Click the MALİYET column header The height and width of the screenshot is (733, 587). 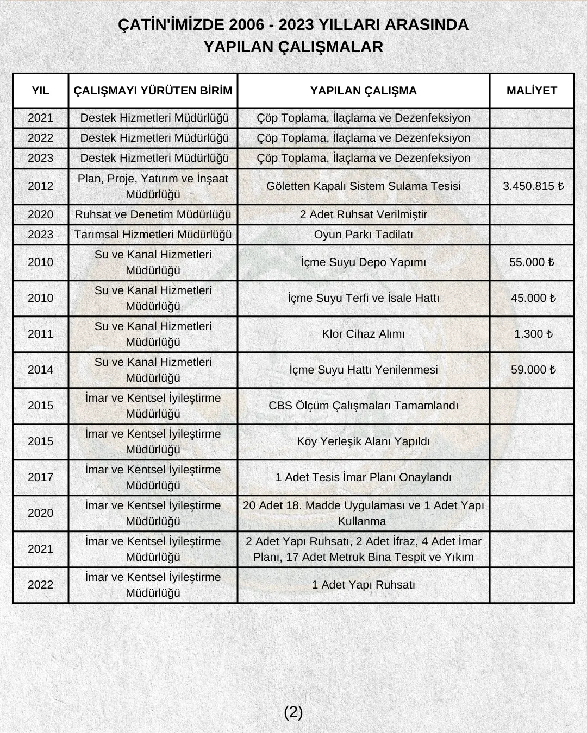click(532, 91)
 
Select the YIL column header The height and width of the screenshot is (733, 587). click(40, 91)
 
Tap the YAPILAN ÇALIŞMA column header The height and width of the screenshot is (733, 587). click(363, 91)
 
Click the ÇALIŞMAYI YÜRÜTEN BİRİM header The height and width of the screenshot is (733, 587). click(153, 91)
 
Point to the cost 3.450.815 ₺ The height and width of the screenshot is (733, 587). click(533, 186)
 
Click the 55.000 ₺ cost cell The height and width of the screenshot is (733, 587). click(532, 262)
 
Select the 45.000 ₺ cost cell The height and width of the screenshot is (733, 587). click(533, 298)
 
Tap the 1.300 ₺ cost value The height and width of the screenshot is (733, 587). click(533, 334)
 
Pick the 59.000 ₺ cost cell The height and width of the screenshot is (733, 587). click(533, 370)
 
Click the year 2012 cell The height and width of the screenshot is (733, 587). click(40, 186)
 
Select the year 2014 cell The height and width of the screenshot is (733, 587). click(40, 370)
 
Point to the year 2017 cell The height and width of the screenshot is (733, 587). click(40, 477)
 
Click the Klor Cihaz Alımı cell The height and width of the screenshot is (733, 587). click(363, 334)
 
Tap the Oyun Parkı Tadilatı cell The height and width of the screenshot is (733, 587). click(363, 235)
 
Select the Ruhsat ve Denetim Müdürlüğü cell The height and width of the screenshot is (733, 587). click(153, 214)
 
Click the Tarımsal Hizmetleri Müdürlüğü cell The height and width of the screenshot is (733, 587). click(153, 235)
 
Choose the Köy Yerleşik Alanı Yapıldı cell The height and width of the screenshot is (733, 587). click(363, 441)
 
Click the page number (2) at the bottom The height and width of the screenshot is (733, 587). click(293, 712)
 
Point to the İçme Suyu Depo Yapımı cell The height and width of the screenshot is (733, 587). click(363, 262)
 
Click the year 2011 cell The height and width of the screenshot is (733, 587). click(40, 334)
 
